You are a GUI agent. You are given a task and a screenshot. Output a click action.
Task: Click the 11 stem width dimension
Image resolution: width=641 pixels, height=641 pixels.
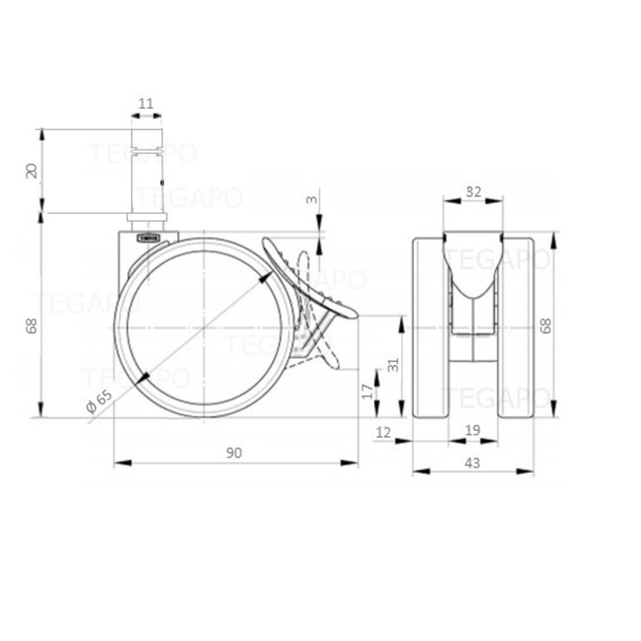[x=145, y=104]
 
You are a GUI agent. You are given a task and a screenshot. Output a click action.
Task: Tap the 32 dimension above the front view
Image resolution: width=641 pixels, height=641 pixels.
[x=473, y=191]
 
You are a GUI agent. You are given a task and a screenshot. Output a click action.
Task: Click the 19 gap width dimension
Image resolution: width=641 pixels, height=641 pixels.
[x=472, y=429]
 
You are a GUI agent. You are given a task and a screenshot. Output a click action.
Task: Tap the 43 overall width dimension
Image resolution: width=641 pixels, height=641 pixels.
[x=472, y=463]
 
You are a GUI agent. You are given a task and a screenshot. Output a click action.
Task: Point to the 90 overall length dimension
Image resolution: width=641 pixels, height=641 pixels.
[x=235, y=453]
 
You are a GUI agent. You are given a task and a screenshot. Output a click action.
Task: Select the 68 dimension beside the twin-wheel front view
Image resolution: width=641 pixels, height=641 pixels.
[x=546, y=325]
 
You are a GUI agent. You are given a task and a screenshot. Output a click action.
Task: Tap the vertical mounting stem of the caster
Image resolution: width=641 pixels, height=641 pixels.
[x=146, y=178]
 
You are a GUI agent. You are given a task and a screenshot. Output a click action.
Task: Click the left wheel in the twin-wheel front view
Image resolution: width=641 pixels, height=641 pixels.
[x=430, y=328]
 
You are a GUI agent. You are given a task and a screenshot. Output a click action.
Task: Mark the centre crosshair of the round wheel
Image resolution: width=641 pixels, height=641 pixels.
[x=204, y=327]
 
